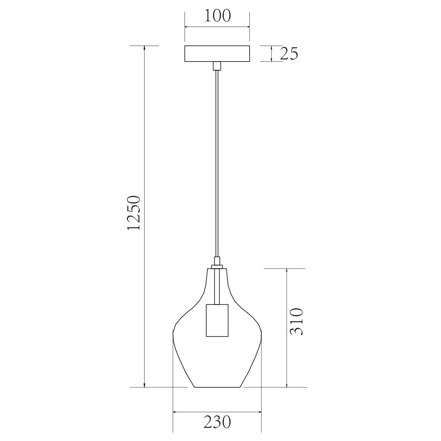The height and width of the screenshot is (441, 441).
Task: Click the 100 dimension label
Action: pos(217,16)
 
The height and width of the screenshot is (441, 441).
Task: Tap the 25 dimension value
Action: pos(289,54)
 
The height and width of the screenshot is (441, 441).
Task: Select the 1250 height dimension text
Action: pos(134,213)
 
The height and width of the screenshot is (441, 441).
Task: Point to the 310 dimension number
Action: pos(297,322)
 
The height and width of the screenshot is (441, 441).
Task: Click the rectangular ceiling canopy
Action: pos(217,54)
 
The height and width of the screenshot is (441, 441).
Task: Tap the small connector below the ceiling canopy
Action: pos(217,66)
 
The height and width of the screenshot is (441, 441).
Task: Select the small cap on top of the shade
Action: pos(217,267)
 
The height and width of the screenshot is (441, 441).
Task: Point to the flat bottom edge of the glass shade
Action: pos(217,387)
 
